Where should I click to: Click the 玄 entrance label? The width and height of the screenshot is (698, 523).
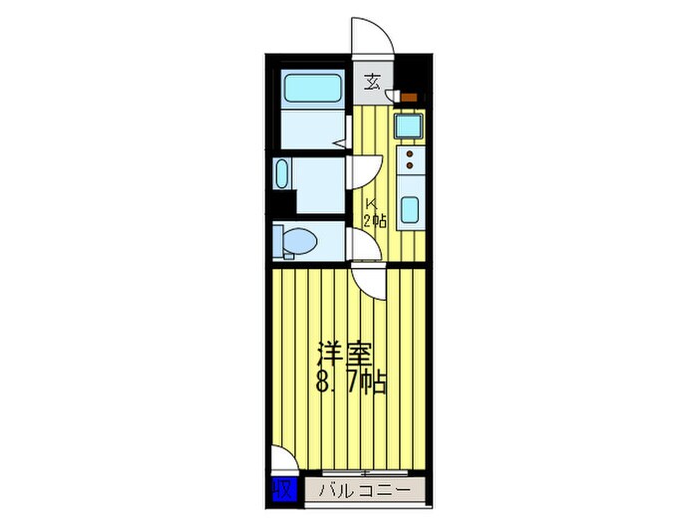coord(371,83)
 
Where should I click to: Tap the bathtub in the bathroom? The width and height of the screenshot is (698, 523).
coord(311,87)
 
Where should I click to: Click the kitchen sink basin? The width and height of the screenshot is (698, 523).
coord(409,210)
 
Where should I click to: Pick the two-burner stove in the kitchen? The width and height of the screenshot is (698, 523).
coord(409,159)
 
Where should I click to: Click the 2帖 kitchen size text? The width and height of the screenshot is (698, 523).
coord(375,221)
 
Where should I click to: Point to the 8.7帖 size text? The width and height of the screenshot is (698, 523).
coord(352,381)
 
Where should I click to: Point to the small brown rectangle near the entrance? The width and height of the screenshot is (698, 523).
coord(407,97)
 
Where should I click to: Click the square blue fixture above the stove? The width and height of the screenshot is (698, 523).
coord(407,127)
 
